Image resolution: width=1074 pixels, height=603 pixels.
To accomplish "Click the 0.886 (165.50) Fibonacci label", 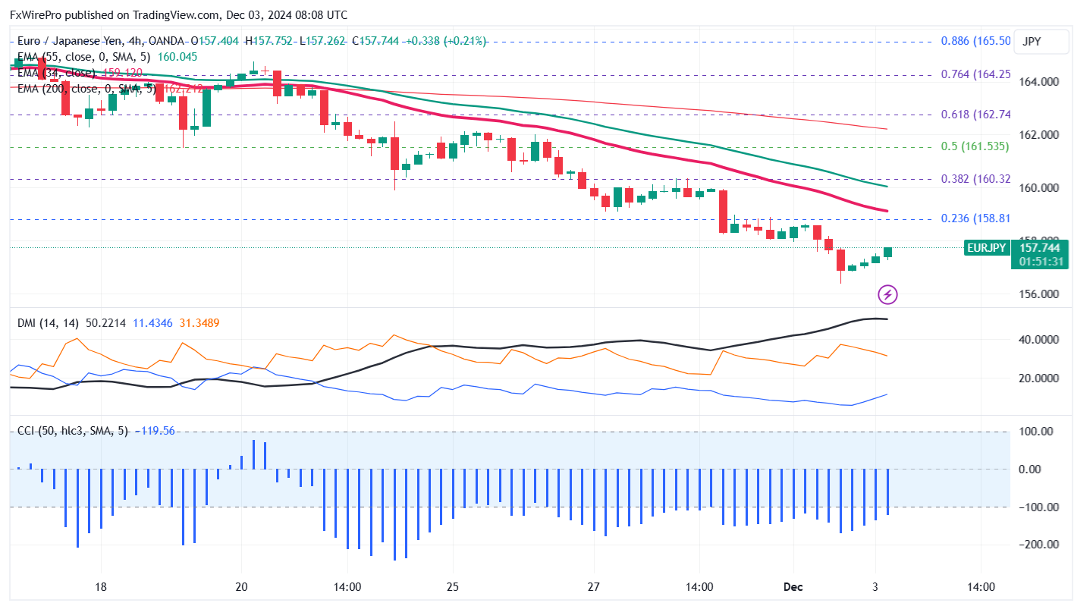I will tap(975, 41).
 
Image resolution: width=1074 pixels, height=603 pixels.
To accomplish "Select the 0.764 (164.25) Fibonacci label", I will tap(975, 74).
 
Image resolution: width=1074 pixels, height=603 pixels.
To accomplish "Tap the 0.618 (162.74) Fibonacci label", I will tap(975, 115).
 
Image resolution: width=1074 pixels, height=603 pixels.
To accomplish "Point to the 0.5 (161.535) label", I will tap(975, 146).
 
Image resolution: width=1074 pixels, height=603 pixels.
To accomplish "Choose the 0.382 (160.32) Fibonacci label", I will tap(975, 179).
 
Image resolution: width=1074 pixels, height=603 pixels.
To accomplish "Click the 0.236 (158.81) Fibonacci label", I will tap(975, 218).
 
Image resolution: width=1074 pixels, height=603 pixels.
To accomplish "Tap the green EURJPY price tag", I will tap(986, 247).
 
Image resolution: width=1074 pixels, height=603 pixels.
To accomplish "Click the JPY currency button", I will tap(1032, 42).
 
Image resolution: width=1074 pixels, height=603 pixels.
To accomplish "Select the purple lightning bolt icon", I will tap(887, 294).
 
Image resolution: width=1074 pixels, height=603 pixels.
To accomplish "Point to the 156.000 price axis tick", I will tap(1039, 294).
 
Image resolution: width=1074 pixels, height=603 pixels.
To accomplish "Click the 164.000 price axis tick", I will tap(1039, 82).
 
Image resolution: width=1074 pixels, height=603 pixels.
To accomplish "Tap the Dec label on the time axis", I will tap(793, 586).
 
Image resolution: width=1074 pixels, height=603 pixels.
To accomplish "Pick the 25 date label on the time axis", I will tap(452, 586).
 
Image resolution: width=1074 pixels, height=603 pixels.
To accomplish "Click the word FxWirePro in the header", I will tap(36, 14).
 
